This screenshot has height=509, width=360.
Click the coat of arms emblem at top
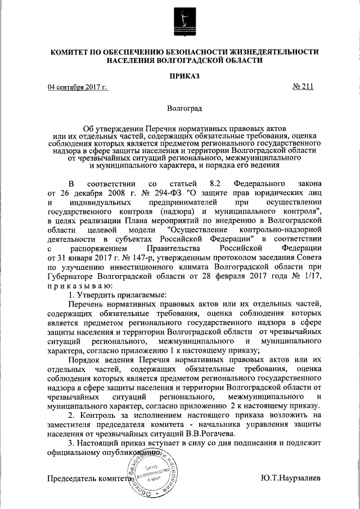[181, 22]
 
